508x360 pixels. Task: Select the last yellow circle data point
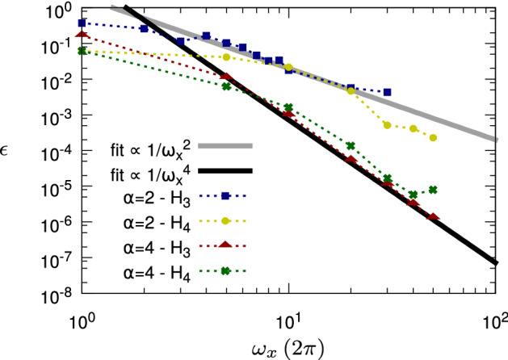434,137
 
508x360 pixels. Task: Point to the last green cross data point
434,190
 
